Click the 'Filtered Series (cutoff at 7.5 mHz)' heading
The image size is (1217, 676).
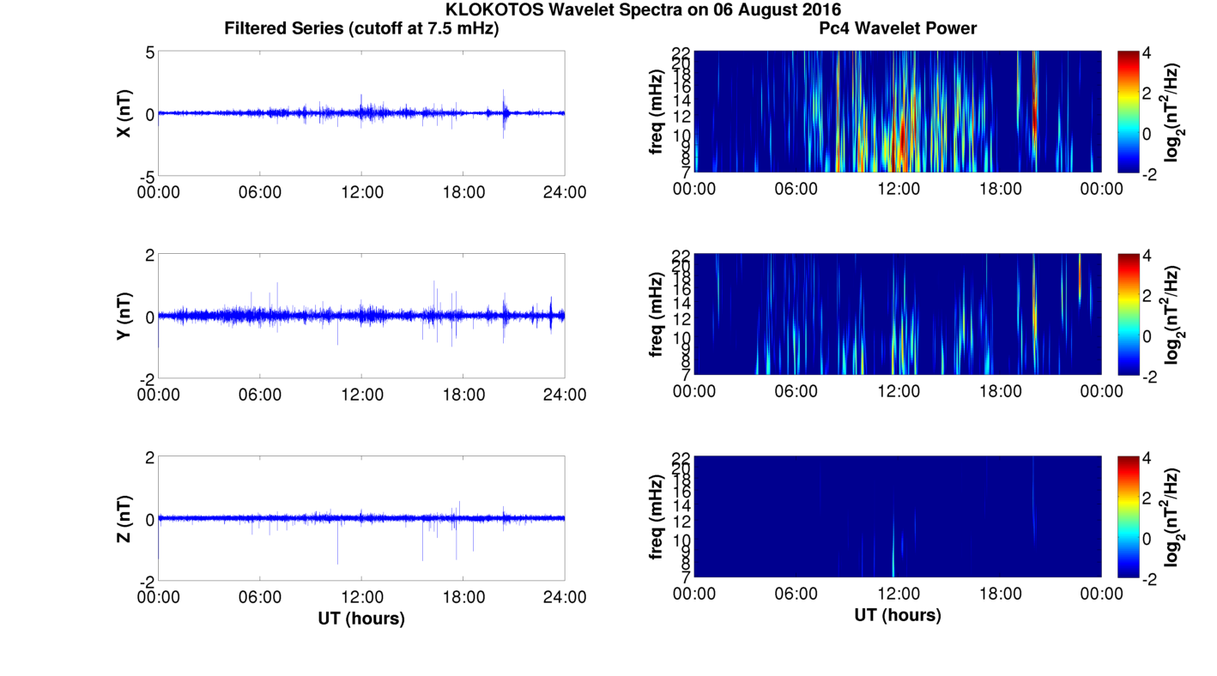point(361,28)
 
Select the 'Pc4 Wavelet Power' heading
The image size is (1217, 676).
point(898,28)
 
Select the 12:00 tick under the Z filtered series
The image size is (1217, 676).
point(361,596)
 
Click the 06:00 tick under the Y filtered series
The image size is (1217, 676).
point(260,394)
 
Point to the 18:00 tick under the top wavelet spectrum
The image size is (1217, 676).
point(1000,189)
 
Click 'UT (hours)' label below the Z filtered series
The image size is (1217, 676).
point(361,618)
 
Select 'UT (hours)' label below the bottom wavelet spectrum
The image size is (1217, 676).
point(898,615)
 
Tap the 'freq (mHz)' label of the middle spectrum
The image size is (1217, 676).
point(657,314)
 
